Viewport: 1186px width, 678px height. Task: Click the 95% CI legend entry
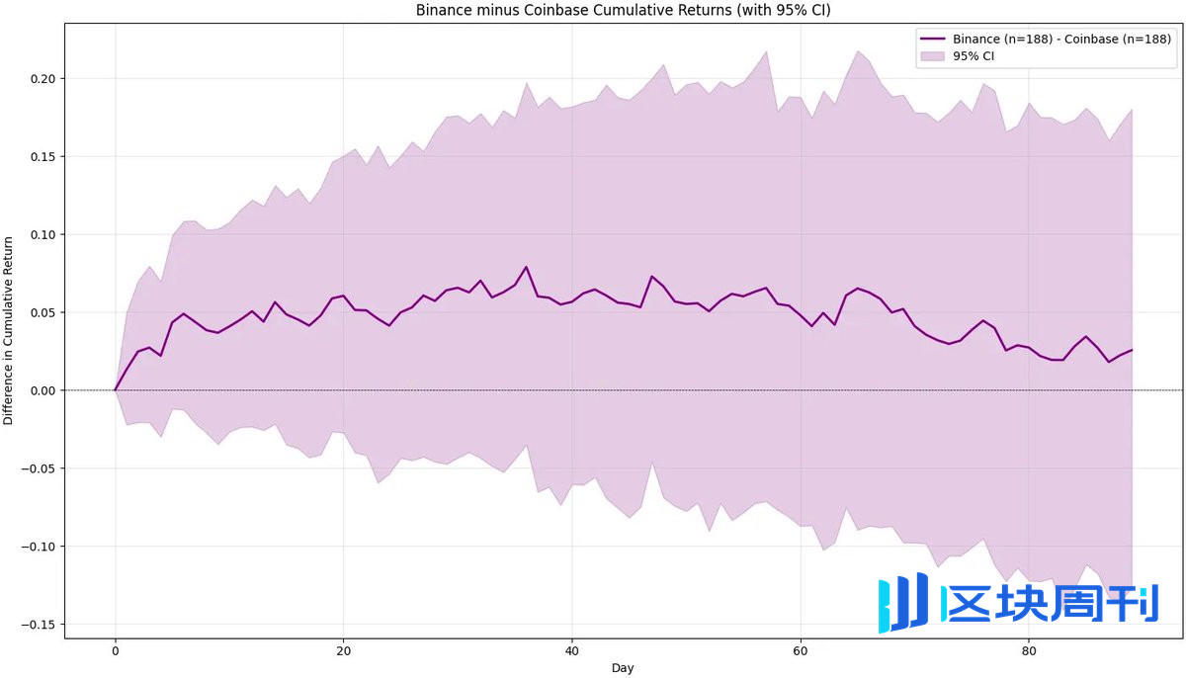click(974, 56)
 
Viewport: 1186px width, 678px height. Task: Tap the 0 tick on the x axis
click(116, 651)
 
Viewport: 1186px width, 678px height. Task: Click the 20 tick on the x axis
click(344, 651)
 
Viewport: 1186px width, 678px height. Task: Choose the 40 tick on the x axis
click(572, 651)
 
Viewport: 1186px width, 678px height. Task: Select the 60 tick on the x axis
click(801, 651)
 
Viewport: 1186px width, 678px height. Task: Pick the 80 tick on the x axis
click(1029, 651)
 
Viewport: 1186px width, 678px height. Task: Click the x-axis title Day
click(623, 668)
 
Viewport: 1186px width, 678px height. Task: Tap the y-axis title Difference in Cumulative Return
click(9, 330)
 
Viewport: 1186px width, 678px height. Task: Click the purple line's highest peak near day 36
click(526, 267)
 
